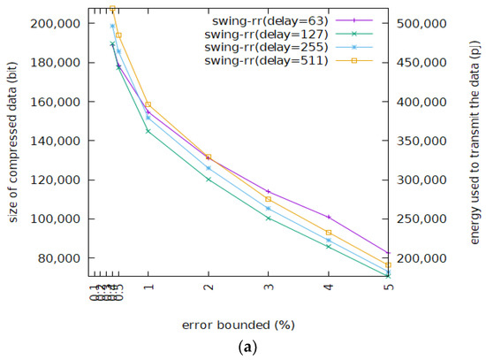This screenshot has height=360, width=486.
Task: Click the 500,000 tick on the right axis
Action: pos(422,24)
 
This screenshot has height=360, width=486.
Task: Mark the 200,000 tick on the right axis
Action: pos(422,258)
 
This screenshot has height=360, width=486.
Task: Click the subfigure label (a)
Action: pos(243,348)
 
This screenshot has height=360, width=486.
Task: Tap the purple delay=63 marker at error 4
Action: pos(328,217)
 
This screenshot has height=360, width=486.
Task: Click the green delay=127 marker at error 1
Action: pos(148,131)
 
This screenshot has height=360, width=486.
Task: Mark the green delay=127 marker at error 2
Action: pos(208,180)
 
